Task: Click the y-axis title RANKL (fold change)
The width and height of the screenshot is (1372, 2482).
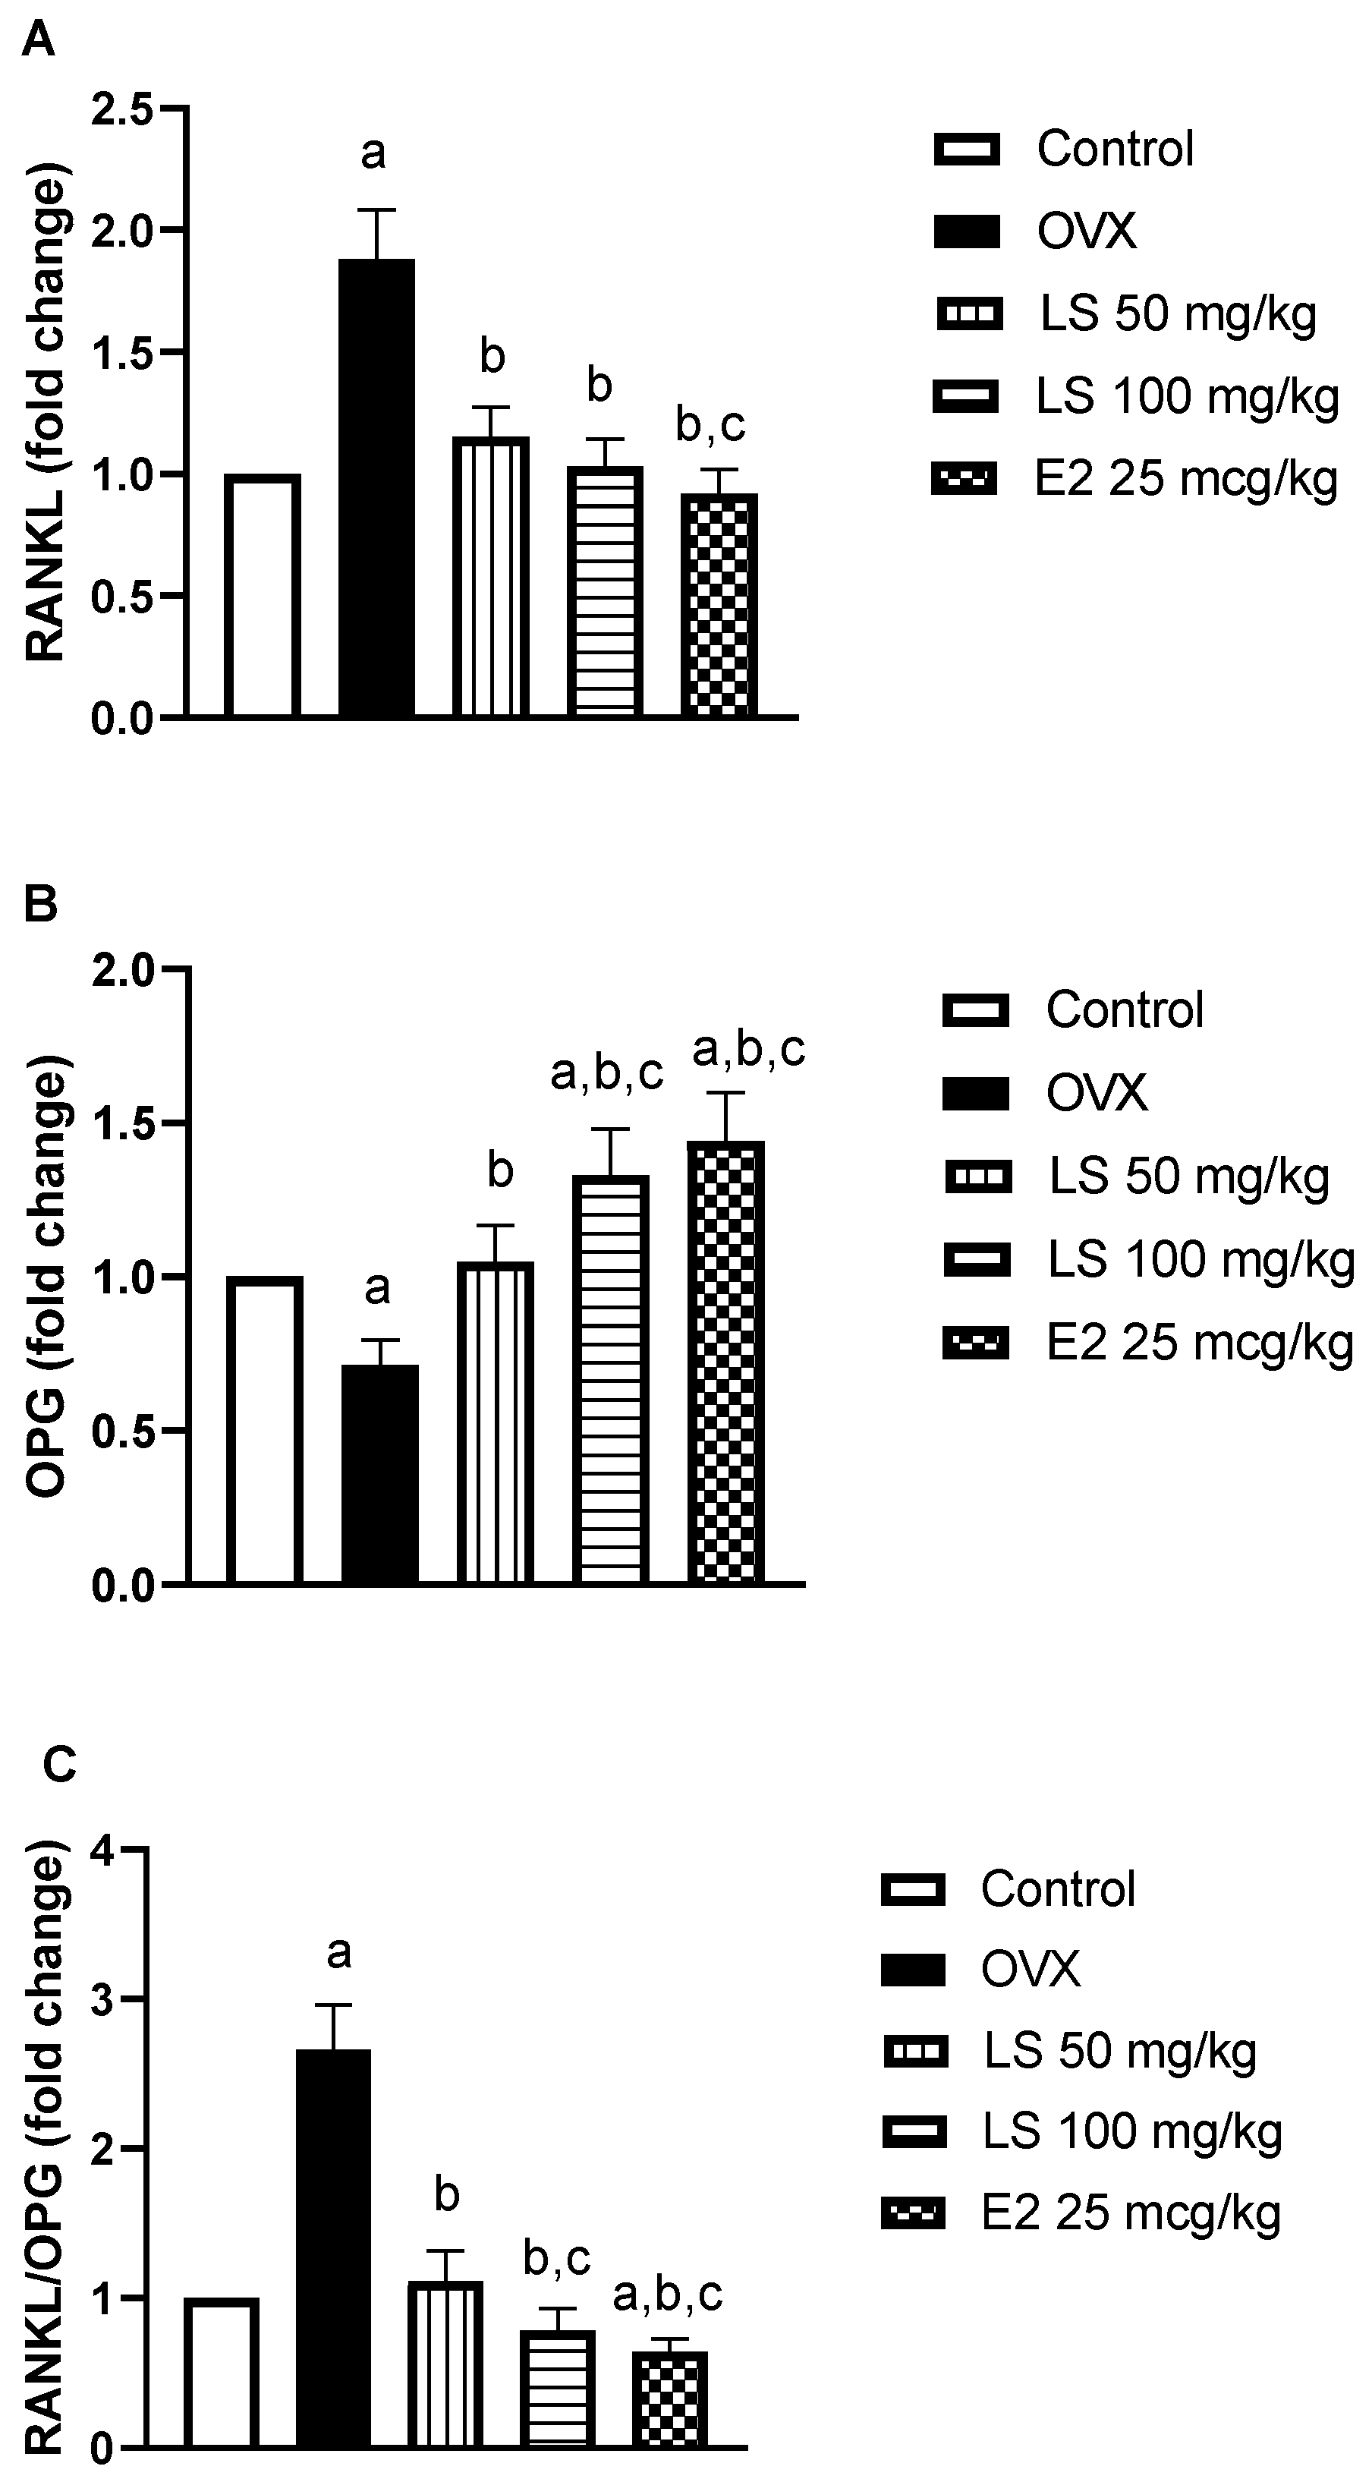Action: tap(46, 415)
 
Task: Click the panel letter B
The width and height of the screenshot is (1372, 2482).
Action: tap(40, 905)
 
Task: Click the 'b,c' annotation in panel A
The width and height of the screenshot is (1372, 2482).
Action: tap(710, 425)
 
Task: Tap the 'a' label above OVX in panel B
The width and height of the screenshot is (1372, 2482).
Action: tap(378, 1288)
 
